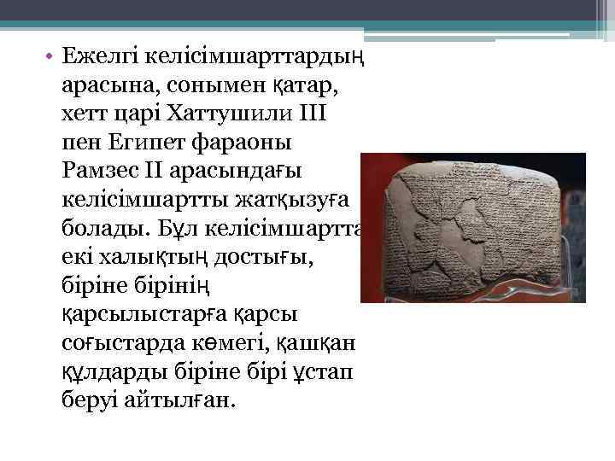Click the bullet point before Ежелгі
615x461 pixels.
coord(50,56)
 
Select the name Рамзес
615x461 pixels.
coord(98,170)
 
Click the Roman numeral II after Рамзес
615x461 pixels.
coord(151,170)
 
